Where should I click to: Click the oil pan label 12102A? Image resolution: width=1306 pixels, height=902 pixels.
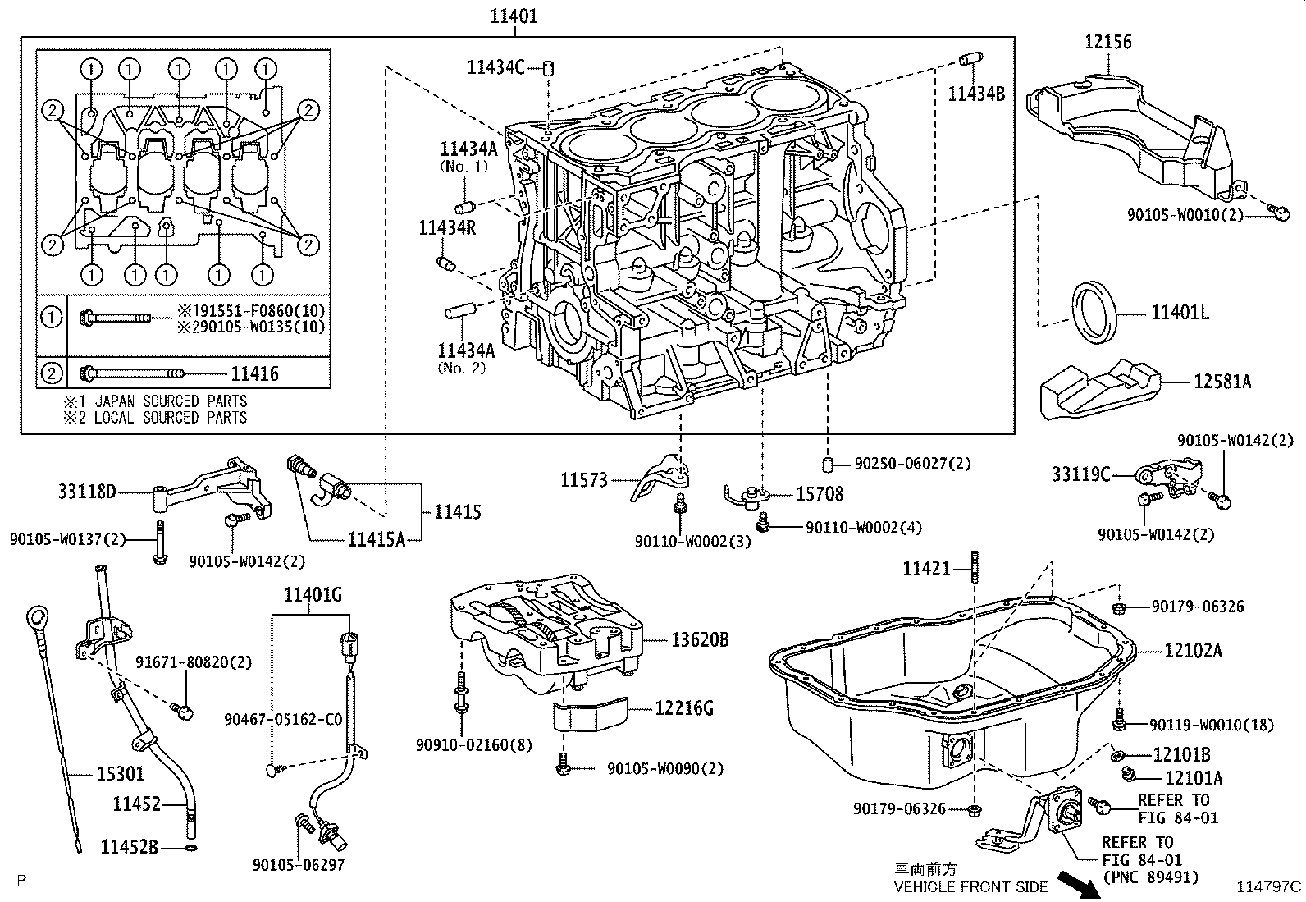click(x=1193, y=651)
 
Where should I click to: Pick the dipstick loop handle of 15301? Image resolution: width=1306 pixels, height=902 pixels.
click(x=37, y=616)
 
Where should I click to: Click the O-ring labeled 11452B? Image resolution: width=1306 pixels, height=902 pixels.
click(x=191, y=846)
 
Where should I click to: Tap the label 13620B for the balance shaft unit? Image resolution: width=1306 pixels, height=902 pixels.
click(x=700, y=639)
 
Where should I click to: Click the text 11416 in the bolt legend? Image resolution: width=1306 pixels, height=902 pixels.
click(x=254, y=374)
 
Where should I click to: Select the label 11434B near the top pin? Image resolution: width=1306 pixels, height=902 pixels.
click(x=976, y=93)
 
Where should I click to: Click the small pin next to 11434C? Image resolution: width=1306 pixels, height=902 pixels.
click(x=550, y=67)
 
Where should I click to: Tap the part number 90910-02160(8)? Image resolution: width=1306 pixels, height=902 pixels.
click(x=463, y=744)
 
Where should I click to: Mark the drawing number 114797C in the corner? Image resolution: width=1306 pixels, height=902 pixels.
click(x=1269, y=886)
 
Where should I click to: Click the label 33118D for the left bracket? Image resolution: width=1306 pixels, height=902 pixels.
click(x=87, y=492)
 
